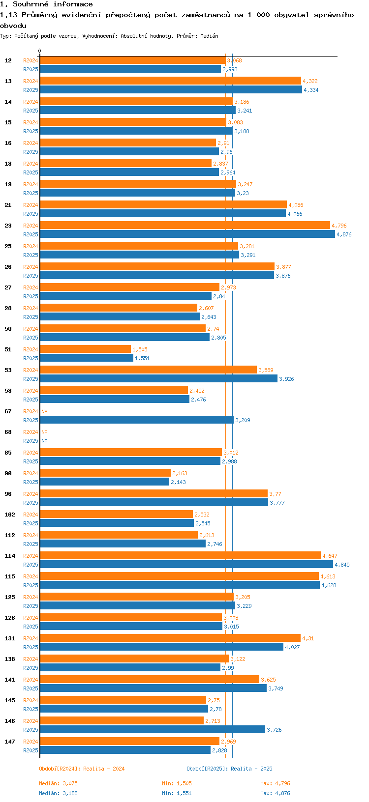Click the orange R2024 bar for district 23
(x=184, y=226)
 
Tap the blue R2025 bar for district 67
(x=136, y=420)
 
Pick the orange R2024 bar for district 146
(x=122, y=721)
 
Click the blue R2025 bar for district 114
(x=186, y=565)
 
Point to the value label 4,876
(x=344, y=235)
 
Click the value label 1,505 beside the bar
(x=140, y=350)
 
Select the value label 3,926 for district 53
(x=286, y=379)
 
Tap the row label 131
(x=10, y=638)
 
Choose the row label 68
(x=8, y=432)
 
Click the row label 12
(x=8, y=60)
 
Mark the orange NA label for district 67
(x=44, y=412)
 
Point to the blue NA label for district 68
(x=44, y=441)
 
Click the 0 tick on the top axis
(x=40, y=51)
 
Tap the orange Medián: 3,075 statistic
(x=58, y=783)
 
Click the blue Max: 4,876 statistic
(x=275, y=793)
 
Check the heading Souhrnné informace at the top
(x=46, y=4)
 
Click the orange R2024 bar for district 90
(x=105, y=473)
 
